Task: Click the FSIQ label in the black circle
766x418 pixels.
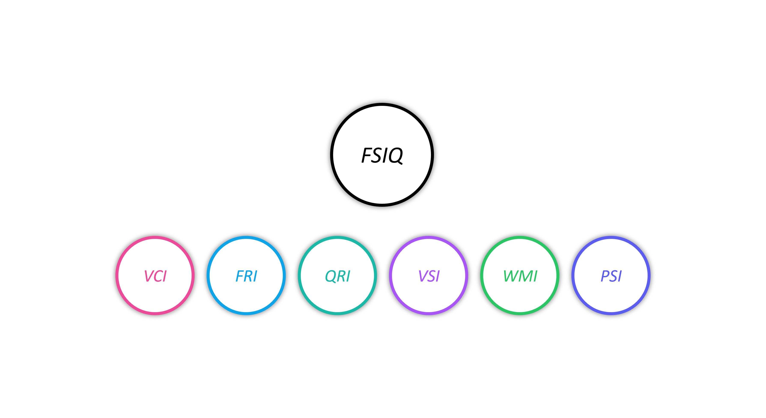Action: click(382, 155)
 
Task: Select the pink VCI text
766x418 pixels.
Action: click(155, 276)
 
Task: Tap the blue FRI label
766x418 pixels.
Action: click(246, 276)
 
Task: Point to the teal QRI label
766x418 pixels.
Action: click(337, 276)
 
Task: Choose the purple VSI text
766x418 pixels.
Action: click(429, 276)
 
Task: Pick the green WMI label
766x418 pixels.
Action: click(520, 276)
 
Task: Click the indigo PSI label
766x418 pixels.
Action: click(611, 276)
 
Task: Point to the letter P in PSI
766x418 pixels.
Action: click(605, 276)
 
